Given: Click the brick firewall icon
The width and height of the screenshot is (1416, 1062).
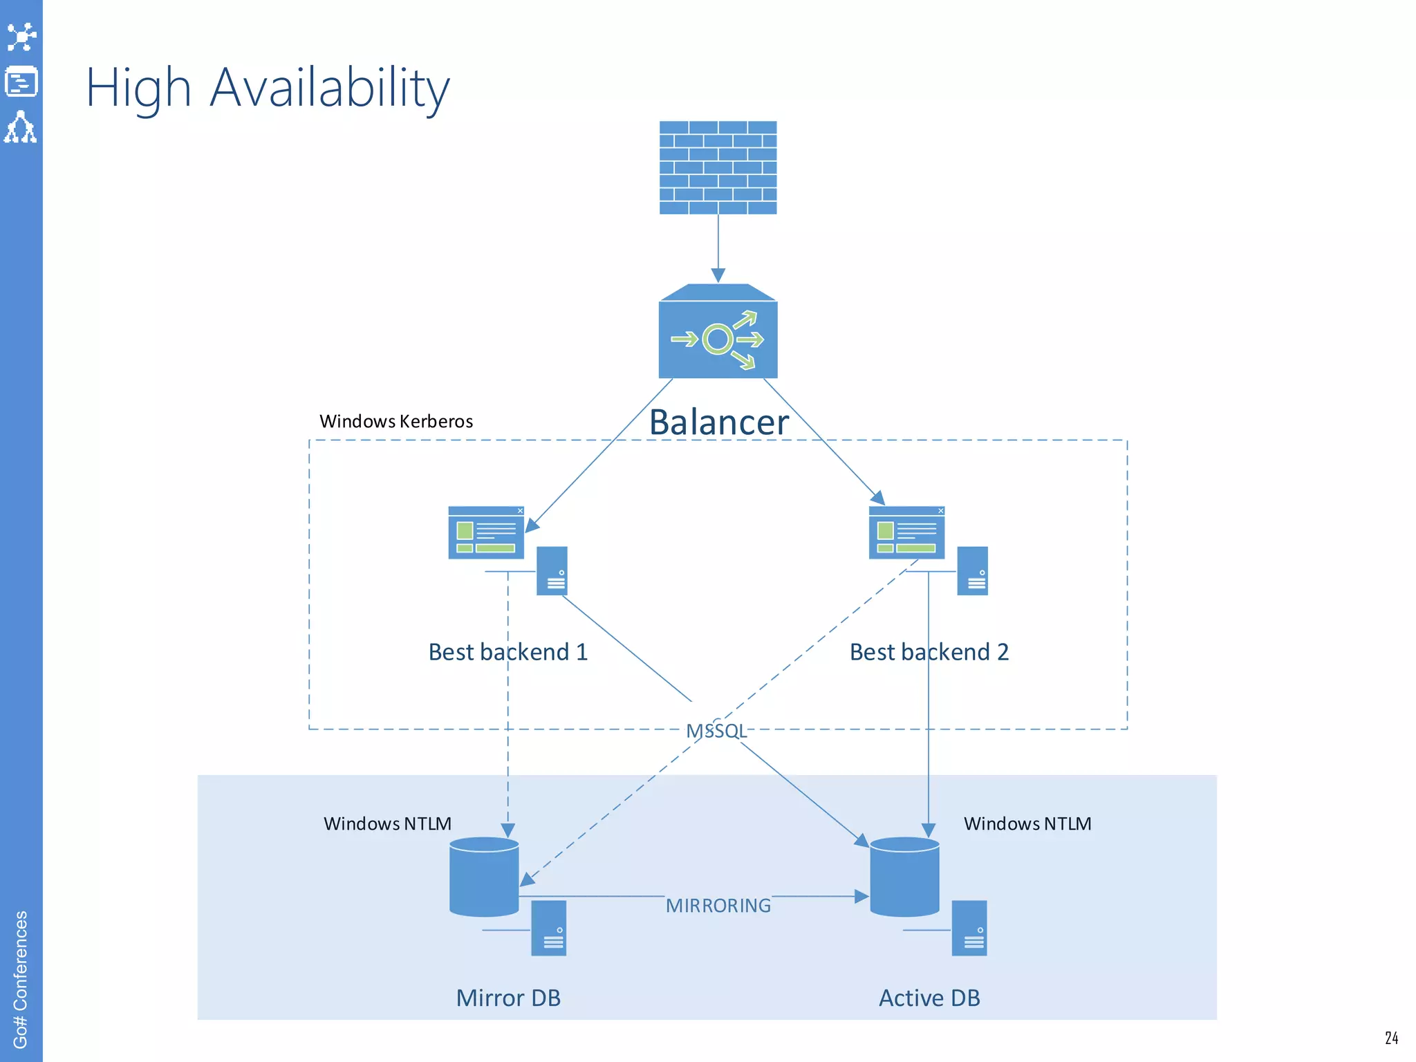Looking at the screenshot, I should (718, 167).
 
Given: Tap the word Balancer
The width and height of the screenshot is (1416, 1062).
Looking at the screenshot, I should (718, 422).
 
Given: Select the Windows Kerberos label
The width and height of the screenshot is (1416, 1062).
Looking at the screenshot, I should (396, 421).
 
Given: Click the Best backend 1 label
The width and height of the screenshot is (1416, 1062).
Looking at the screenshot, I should (508, 652).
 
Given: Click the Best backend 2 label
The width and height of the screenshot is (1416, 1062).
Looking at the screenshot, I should (929, 652).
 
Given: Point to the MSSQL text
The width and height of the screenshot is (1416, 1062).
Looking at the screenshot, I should (716, 731).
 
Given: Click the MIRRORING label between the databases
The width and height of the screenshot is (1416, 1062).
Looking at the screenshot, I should (718, 906).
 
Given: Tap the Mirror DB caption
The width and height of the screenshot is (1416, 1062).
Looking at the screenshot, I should (508, 998).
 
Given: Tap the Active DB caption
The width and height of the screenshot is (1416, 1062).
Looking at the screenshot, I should (929, 998).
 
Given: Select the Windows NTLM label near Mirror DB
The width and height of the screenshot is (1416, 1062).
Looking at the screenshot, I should (387, 823).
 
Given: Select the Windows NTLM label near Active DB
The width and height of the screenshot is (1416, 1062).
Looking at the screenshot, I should (1027, 823).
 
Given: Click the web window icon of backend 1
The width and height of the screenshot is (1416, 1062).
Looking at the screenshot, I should (486, 532).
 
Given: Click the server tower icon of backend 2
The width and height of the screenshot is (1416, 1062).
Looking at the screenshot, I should (972, 571).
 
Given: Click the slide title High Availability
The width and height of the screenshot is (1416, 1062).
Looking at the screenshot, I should (268, 88).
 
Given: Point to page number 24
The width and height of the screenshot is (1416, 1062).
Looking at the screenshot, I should (1391, 1038).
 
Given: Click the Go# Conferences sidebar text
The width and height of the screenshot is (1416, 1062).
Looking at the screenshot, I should (21, 978).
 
